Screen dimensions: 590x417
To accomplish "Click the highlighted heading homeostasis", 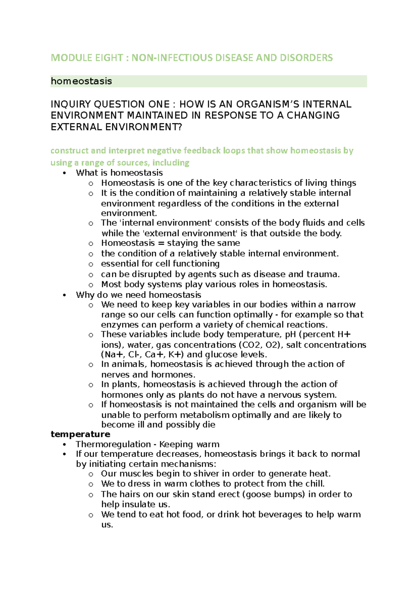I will (x=81, y=81).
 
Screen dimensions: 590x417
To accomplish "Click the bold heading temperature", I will (x=80, y=434).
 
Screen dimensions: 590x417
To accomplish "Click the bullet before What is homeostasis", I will (x=64, y=173).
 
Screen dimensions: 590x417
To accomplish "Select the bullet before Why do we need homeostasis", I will (x=64, y=295).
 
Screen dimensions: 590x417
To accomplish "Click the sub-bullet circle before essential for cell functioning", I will (x=91, y=264).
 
